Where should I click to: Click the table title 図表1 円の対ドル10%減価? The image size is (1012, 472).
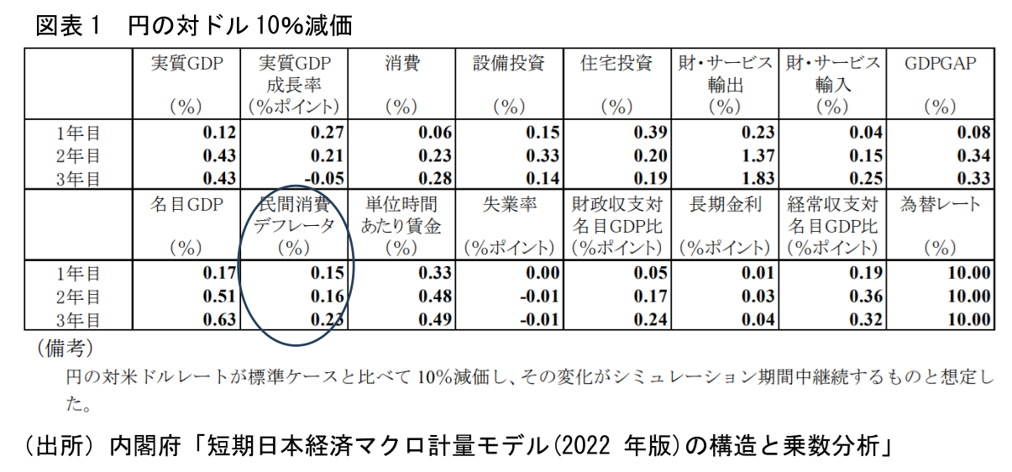(193, 25)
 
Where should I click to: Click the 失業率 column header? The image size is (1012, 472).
(509, 204)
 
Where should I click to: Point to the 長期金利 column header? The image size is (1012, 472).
(725, 204)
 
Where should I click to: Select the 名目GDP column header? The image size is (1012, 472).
(186, 204)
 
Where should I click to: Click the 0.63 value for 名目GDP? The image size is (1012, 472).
(219, 319)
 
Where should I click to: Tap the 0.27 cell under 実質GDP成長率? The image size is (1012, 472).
(327, 133)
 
